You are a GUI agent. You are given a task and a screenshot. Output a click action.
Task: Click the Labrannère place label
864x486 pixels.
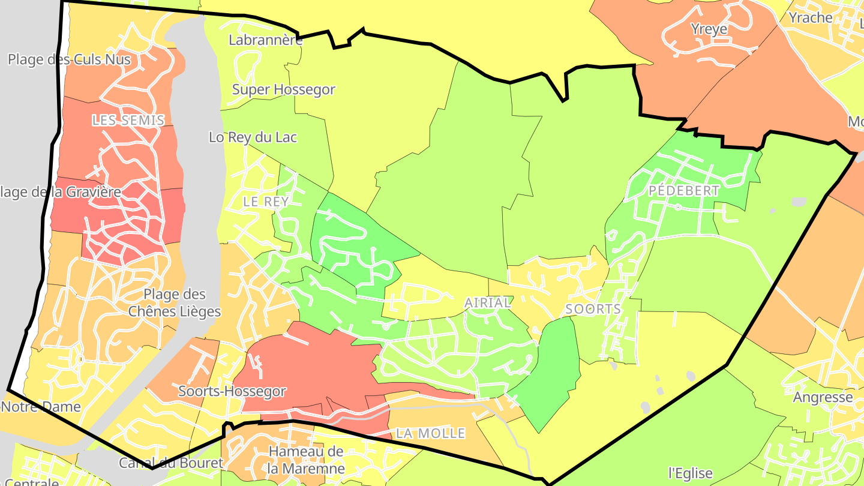(x=266, y=40)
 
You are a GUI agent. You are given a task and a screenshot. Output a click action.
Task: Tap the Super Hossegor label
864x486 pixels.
(x=283, y=90)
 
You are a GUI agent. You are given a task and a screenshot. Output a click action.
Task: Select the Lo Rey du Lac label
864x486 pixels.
(x=253, y=137)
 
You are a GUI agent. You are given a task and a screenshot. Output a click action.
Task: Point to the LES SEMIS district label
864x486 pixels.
(x=128, y=120)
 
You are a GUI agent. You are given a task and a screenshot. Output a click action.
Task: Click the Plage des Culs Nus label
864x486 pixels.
(x=69, y=59)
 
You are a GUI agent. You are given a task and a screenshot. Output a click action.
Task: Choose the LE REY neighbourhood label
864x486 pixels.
(x=266, y=202)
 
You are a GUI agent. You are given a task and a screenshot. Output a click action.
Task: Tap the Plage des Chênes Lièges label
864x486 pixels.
(x=175, y=303)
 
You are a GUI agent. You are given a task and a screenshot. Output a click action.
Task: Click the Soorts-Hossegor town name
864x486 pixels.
(x=232, y=391)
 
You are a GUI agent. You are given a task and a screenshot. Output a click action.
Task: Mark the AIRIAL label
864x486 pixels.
(x=488, y=303)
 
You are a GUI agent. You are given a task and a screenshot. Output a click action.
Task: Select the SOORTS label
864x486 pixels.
(x=593, y=309)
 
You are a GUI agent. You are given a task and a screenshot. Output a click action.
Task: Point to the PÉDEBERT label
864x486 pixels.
(x=684, y=191)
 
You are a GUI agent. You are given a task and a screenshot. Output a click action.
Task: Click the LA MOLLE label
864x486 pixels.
(x=431, y=433)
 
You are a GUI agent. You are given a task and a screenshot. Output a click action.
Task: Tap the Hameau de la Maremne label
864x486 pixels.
(x=307, y=460)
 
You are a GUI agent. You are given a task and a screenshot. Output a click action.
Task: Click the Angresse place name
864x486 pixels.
(x=823, y=397)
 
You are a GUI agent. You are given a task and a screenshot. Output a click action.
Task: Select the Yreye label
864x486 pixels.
(x=709, y=29)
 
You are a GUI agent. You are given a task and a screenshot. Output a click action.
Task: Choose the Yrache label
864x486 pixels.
(x=811, y=17)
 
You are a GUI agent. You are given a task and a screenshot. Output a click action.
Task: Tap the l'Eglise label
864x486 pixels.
(x=690, y=473)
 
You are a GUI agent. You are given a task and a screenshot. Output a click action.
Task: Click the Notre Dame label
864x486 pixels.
(x=41, y=406)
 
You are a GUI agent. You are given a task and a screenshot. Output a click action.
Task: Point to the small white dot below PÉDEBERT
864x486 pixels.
(x=677, y=207)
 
